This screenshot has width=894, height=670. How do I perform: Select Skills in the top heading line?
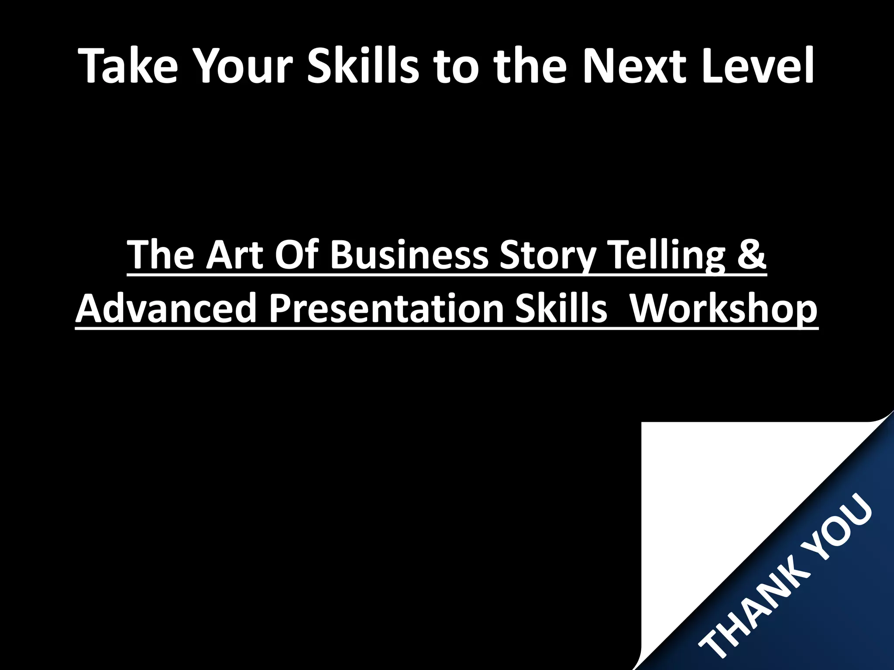[x=363, y=65]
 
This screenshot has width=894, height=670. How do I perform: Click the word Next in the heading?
[x=633, y=65]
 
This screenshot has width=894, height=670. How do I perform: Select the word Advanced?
[x=165, y=308]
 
